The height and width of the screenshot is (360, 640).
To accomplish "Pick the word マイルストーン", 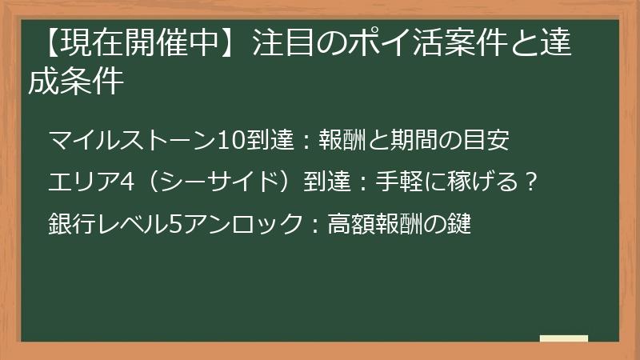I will click(133, 141).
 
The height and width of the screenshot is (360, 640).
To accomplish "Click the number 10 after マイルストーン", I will click(231, 141).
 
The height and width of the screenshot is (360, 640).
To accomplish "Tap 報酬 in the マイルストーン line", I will click(342, 141).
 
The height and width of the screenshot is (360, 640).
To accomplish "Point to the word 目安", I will click(486, 141).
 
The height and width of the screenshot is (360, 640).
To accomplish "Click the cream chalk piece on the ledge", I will click(563, 338).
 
